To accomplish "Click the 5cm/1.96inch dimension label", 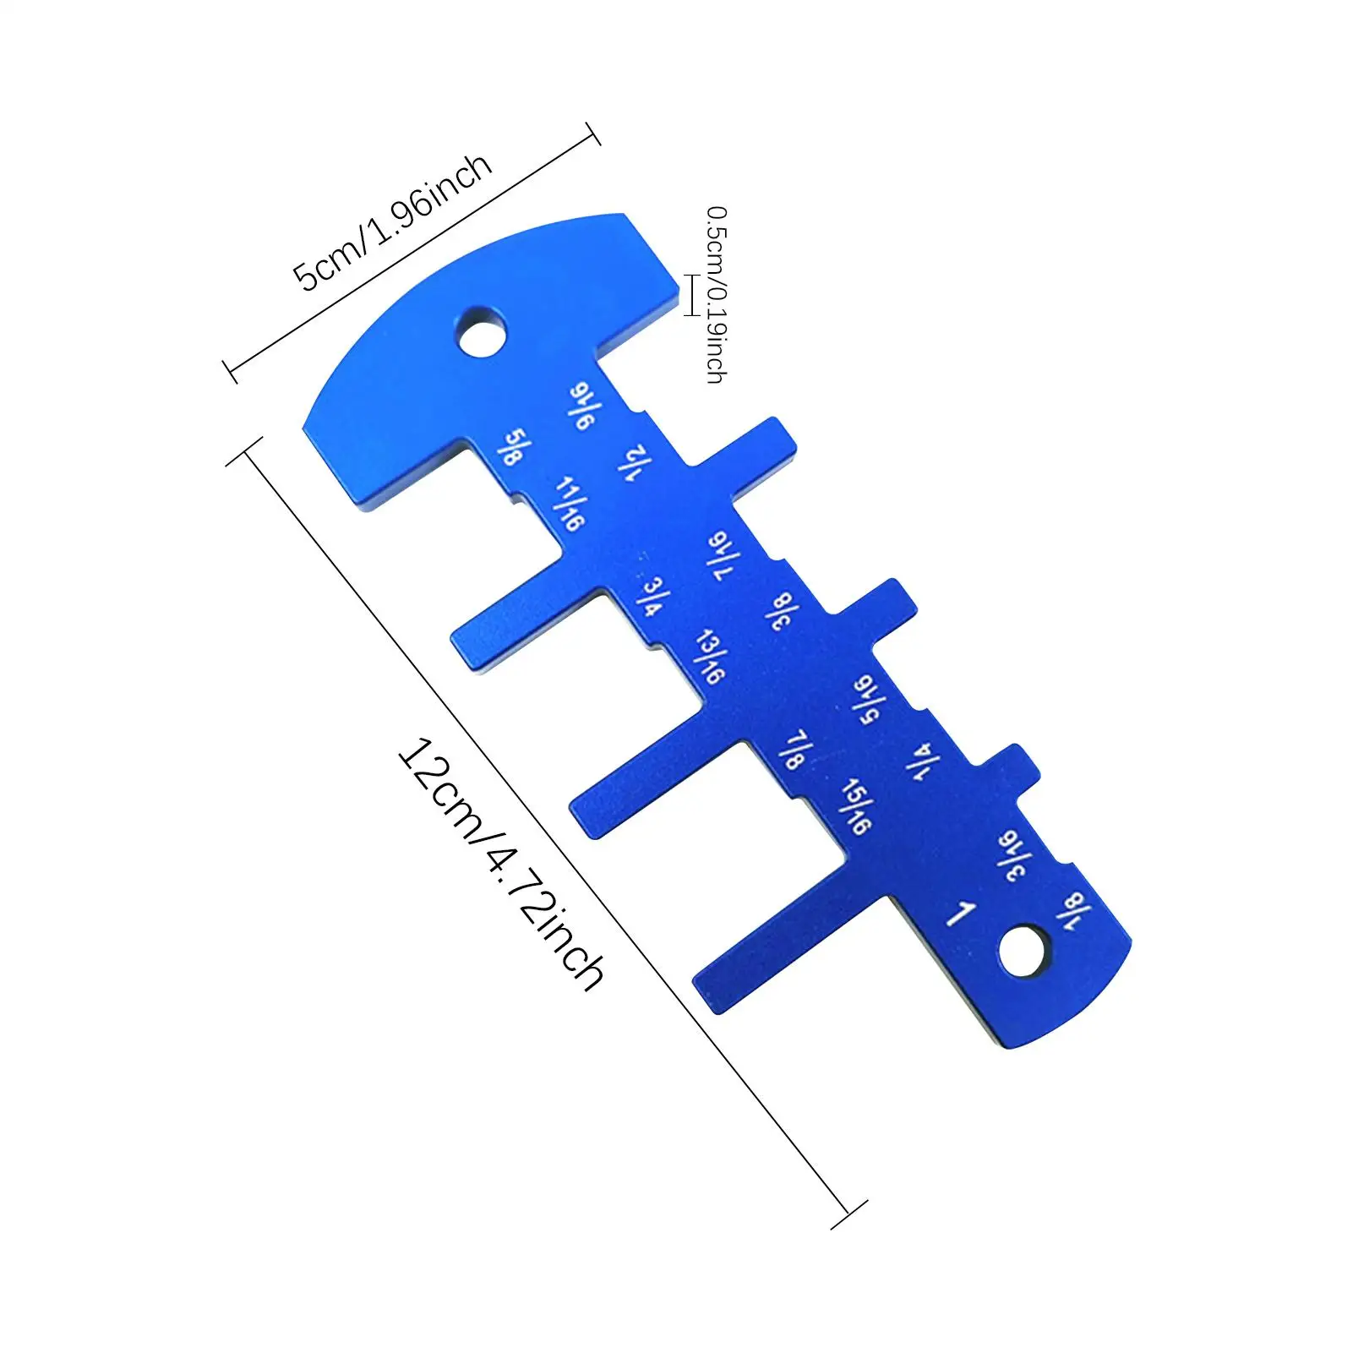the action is click(391, 221).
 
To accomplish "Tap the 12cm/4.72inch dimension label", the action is click(500, 864).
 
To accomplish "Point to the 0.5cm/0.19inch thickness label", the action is click(716, 294).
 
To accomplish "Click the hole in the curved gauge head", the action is click(483, 332).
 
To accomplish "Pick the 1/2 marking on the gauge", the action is click(635, 463).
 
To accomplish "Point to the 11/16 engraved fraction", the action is click(570, 504).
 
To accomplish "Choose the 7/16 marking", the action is click(723, 555).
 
